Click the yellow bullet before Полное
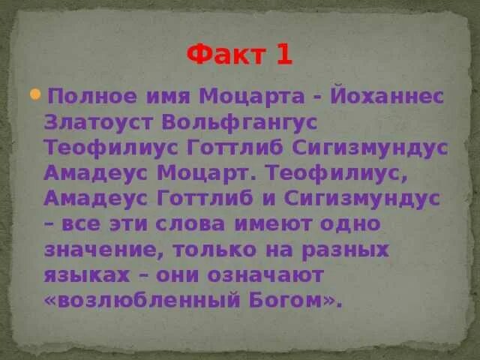tap(35, 94)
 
